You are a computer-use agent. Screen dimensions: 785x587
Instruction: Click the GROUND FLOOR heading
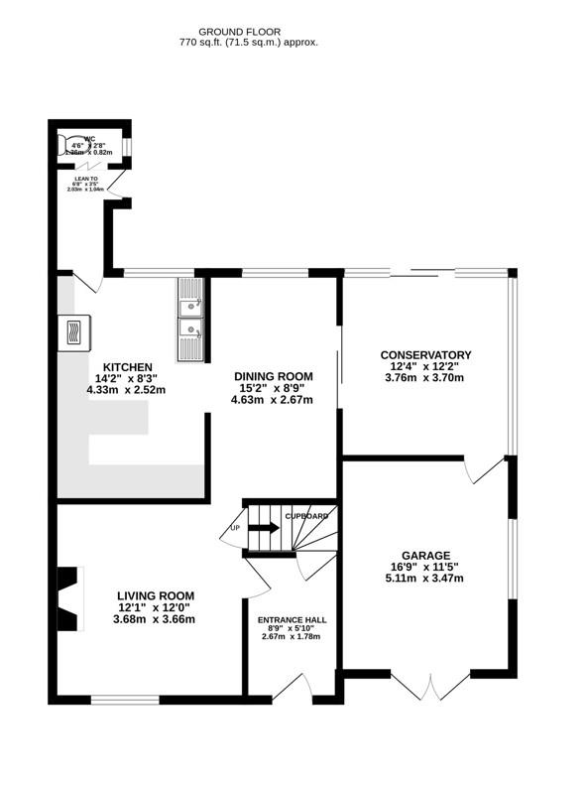pos(248,32)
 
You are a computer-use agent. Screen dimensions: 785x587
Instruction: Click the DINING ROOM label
pos(273,376)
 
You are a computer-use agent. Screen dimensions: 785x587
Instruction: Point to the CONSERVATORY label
pos(426,354)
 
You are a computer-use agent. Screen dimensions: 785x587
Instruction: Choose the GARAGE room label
pos(426,555)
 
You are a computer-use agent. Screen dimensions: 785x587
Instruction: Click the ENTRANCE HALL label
pos(292,619)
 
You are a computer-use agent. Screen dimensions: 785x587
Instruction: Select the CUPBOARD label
pos(307,517)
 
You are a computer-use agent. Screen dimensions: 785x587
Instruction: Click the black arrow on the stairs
pos(263,528)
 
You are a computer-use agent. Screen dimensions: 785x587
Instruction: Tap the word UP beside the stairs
pos(235,527)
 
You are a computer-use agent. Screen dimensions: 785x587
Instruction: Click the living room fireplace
pos(67,597)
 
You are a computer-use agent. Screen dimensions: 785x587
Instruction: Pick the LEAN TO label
pos(88,180)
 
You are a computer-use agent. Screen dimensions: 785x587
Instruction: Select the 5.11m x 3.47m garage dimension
pos(426,579)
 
